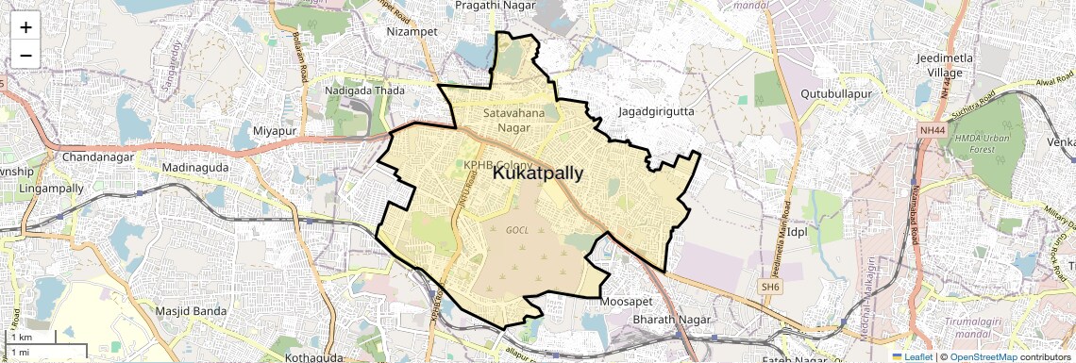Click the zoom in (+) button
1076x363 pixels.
click(25, 26)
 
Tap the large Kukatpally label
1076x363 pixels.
click(538, 173)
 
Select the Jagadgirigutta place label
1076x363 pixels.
click(655, 111)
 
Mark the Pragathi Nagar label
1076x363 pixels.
click(496, 6)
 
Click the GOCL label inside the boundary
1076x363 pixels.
click(516, 230)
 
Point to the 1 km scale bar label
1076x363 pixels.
click(21, 337)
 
